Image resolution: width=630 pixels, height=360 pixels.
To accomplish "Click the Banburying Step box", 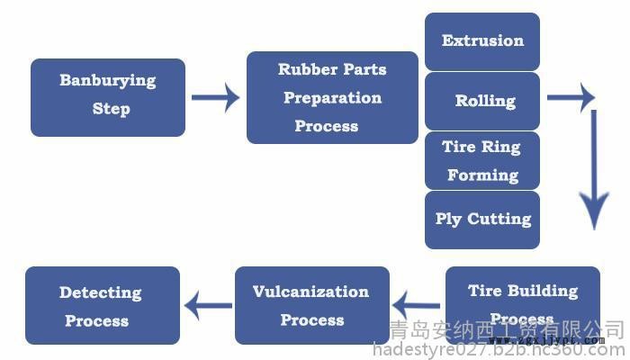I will [108, 97].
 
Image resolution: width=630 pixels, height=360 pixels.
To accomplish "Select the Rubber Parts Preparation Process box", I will [332, 97].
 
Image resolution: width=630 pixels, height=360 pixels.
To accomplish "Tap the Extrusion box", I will [482, 41].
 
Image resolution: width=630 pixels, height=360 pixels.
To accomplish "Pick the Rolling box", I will [482, 101].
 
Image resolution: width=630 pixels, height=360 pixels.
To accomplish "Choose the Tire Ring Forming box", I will [482, 160].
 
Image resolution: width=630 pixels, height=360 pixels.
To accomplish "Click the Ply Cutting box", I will [482, 220].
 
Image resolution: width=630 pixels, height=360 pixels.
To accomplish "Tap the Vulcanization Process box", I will [311, 305].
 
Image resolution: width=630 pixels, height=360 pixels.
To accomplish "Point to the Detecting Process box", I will [103, 305].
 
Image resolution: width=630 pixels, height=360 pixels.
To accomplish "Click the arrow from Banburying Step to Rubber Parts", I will [216, 97].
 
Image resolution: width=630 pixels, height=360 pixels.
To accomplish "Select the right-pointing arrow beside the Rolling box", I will [571, 97].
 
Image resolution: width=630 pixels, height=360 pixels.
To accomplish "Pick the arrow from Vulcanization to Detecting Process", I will [208, 305].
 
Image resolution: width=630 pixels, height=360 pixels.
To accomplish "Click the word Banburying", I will [108, 81].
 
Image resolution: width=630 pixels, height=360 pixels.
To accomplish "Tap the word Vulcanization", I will [310, 292].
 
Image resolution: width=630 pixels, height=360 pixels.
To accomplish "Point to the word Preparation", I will [332, 97].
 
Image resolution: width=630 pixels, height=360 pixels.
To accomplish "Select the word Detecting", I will [101, 292].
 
